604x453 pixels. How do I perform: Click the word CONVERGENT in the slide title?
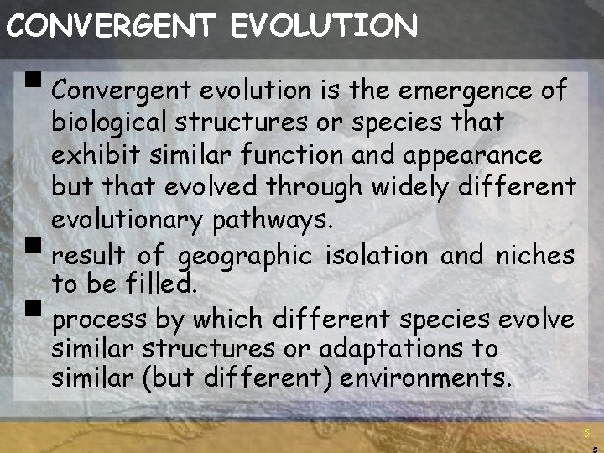109,26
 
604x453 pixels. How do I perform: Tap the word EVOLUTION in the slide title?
324,26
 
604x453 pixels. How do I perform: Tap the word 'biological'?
109,122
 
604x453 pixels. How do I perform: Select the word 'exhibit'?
90,155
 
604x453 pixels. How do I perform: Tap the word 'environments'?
426,377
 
